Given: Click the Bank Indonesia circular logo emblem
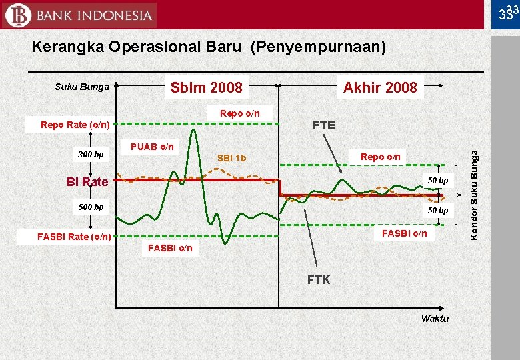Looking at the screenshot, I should [17, 15].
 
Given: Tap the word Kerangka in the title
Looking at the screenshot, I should [67, 47].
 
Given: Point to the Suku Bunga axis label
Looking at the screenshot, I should [82, 86].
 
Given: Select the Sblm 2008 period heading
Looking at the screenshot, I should [207, 87].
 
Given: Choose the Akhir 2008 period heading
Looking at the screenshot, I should [379, 87].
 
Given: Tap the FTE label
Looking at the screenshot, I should [324, 125].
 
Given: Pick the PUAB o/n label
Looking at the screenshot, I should [152, 146].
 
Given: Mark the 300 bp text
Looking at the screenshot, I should [91, 155].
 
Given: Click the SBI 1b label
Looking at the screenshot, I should [232, 158].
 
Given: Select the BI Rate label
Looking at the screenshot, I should [87, 181].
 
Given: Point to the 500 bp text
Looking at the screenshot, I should [91, 207].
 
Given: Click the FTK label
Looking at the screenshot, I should [319, 279].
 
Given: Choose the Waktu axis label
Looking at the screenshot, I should [435, 318].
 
